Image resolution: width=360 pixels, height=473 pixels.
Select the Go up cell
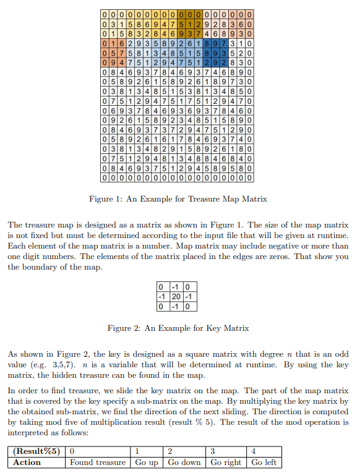tap(146, 462)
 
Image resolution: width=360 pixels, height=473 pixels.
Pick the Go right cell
tap(226, 462)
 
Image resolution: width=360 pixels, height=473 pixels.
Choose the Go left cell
tap(264, 462)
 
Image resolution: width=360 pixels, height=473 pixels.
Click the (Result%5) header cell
tap(38, 451)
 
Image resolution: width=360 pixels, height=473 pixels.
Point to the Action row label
tap(27, 462)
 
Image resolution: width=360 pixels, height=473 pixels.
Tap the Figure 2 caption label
tap(126, 328)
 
